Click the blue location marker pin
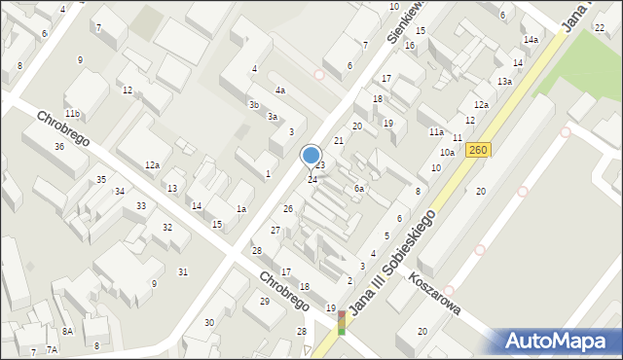[311, 156]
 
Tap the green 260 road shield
[477, 150]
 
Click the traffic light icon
[341, 323]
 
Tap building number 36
[59, 147]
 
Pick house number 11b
[72, 114]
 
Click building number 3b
[254, 104]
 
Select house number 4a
[279, 90]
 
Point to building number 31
[183, 271]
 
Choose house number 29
[264, 301]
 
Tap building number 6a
[359, 189]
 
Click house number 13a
[504, 82]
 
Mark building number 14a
[531, 40]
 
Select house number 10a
[447, 153]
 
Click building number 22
[599, 27]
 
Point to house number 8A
[67, 332]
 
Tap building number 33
[141, 206]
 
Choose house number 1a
[240, 209]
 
